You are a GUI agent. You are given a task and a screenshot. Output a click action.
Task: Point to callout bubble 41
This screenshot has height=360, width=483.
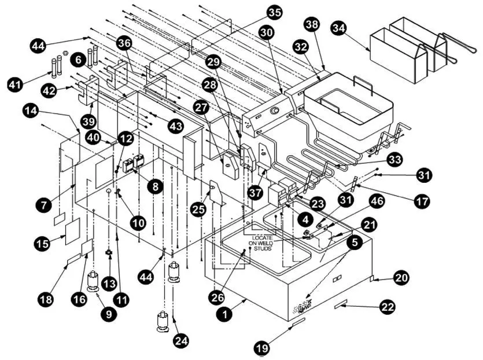(x=16, y=85)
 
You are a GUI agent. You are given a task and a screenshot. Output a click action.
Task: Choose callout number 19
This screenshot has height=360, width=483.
(x=263, y=348)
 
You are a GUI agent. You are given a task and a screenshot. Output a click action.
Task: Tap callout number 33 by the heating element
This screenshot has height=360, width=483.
(x=395, y=158)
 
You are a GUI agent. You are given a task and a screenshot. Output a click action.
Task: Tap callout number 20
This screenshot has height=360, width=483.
(x=401, y=277)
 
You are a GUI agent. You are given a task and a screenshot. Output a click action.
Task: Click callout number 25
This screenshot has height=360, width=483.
(x=198, y=210)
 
